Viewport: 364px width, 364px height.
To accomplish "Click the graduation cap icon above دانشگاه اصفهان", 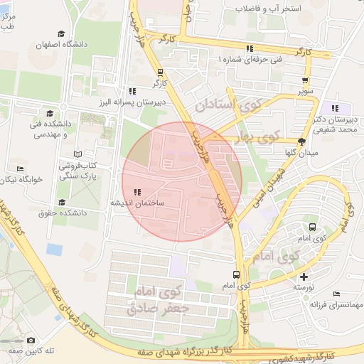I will click(x=62, y=33).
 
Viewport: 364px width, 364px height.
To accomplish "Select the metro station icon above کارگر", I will click(x=160, y=72).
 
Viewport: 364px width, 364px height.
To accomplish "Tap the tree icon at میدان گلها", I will click(x=301, y=141).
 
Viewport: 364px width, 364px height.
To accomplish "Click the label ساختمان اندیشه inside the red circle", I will click(x=136, y=203).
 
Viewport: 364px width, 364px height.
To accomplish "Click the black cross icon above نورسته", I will click(x=304, y=277).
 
